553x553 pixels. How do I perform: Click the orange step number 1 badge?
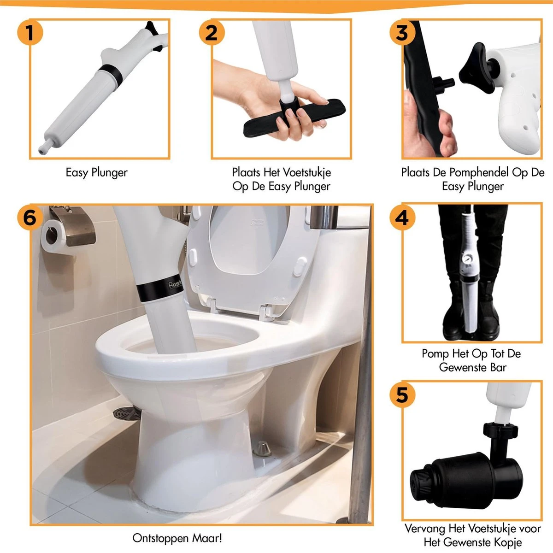click(30, 32)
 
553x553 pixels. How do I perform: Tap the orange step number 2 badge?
click(212, 32)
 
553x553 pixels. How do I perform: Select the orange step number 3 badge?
click(402, 32)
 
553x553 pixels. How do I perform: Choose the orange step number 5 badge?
click(402, 394)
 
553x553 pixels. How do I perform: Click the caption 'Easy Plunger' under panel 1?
click(97, 173)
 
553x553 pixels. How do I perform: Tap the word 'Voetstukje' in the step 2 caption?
click(304, 172)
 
